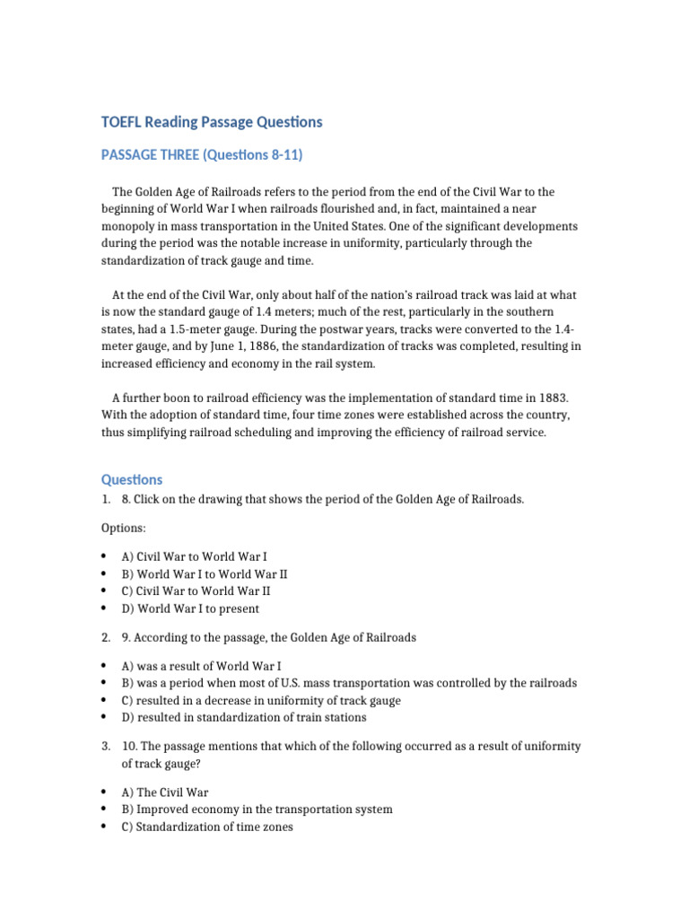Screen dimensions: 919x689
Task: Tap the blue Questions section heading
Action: click(x=131, y=480)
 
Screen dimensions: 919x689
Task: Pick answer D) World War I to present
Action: click(x=190, y=608)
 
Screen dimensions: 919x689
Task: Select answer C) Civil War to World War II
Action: click(x=196, y=591)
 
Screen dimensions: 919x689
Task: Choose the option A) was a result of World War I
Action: click(x=201, y=666)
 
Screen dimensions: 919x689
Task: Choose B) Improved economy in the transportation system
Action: click(x=257, y=810)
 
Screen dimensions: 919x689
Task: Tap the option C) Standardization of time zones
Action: click(x=207, y=827)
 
